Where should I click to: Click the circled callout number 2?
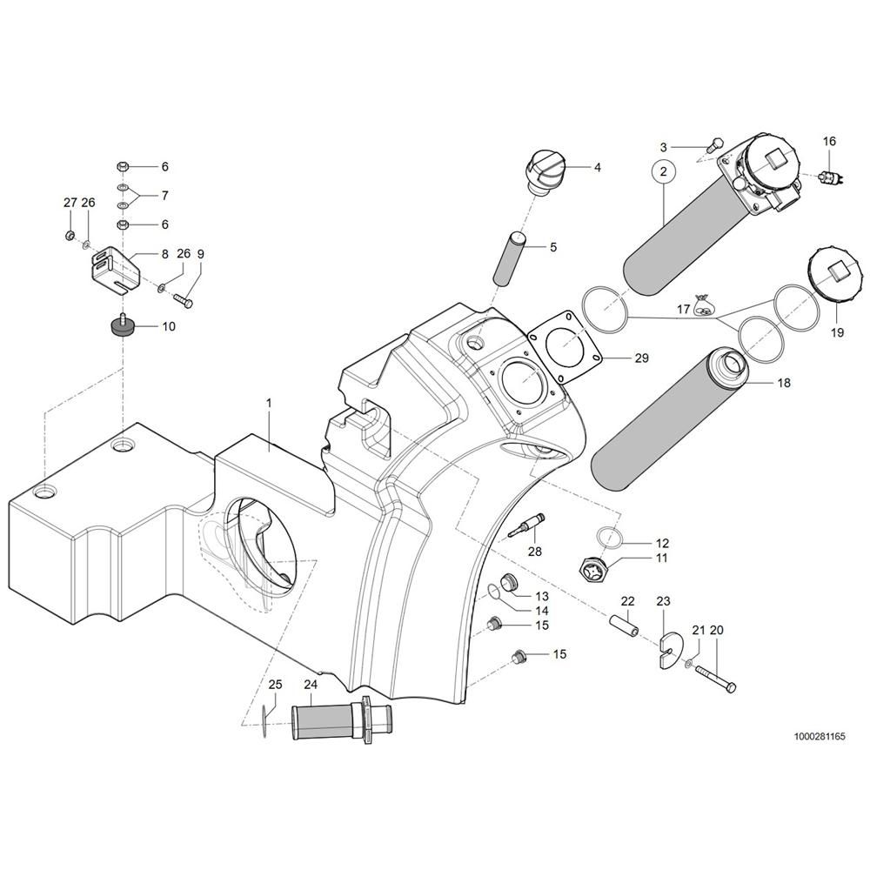point(663,172)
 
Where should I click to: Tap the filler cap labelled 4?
point(544,167)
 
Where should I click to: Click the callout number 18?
point(784,382)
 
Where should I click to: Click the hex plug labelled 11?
point(595,569)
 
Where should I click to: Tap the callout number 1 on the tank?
point(269,403)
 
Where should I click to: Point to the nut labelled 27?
point(70,235)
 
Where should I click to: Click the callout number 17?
point(684,309)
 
